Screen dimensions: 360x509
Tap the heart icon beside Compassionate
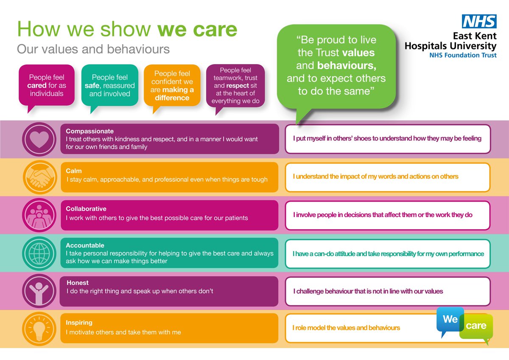[x=39, y=139]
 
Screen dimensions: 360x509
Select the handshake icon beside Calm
[x=39, y=177]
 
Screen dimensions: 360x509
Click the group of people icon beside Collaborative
[x=39, y=215]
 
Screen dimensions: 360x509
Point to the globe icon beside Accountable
[x=39, y=253]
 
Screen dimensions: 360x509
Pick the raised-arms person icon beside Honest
[x=39, y=291]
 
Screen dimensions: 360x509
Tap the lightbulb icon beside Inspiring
[x=39, y=329]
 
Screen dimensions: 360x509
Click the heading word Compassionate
[x=90, y=131]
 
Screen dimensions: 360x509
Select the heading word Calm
[x=74, y=171]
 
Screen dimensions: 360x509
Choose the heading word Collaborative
[x=86, y=209]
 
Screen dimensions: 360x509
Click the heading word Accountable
[x=85, y=245]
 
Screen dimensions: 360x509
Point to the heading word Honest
[x=78, y=283]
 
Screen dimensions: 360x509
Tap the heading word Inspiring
[x=79, y=323]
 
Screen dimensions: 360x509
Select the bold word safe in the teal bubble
[x=98, y=85]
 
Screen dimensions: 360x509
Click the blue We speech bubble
[x=450, y=319]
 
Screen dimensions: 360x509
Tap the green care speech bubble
[x=476, y=326]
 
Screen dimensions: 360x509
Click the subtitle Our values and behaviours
[x=93, y=49]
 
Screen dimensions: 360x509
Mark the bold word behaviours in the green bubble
[x=347, y=66]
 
